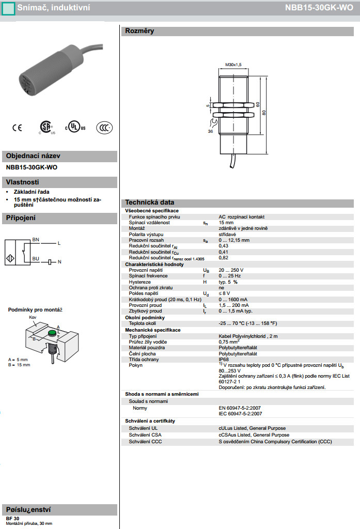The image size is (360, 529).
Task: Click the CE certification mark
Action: click(17, 127)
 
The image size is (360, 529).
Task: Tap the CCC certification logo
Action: click(104, 127)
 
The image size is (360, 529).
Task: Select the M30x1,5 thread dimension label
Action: click(234, 65)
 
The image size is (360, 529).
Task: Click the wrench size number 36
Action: click(210, 132)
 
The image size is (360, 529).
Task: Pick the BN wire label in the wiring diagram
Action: click(36, 240)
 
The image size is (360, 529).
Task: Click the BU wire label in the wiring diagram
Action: click(36, 258)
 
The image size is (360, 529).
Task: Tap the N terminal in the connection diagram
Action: click(59, 262)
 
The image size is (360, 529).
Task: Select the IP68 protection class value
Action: click(224, 360)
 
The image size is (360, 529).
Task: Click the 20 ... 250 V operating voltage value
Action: click(231, 270)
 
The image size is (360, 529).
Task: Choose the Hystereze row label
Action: click(139, 282)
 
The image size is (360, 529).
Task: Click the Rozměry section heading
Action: click(139, 31)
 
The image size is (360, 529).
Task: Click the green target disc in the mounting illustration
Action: click(53, 335)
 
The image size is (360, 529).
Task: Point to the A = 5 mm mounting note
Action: click(19, 359)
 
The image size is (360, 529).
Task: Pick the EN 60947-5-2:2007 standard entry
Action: click(240, 408)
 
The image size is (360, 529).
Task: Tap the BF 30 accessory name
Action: click(12, 518)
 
